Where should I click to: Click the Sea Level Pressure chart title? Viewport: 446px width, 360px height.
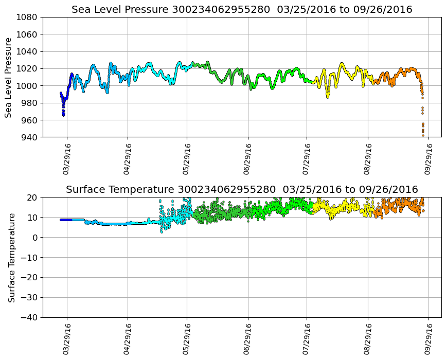[242, 10]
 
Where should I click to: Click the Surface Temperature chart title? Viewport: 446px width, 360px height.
[242, 190]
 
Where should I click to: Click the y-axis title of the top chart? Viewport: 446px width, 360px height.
[9, 77]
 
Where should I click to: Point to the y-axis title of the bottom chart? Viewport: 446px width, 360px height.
[11, 257]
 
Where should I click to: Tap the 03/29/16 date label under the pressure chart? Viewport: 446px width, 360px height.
[66, 159]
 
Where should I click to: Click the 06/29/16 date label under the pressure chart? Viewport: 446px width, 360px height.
[247, 159]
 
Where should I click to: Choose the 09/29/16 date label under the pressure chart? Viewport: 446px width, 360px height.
[429, 159]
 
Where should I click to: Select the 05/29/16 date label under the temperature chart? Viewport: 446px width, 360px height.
[187, 339]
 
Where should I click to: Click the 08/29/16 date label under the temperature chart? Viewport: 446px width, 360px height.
[368, 339]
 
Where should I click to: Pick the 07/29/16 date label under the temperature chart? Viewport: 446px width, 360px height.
[308, 339]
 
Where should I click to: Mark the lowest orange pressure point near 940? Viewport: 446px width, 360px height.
[423, 135]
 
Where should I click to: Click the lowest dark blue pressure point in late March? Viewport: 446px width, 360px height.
[63, 115]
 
